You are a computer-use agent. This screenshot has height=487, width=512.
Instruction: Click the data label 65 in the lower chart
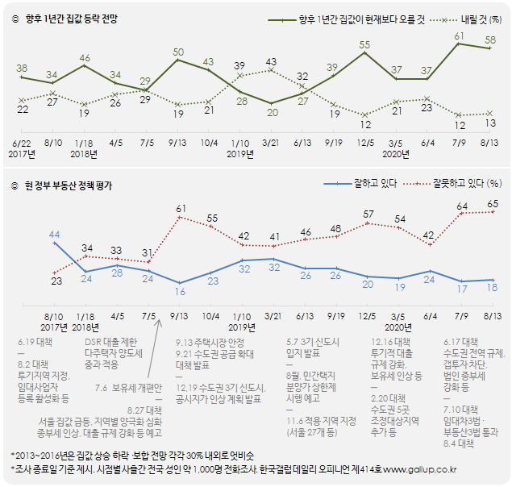(x=491, y=205)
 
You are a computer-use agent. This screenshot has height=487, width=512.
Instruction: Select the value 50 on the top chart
(x=179, y=52)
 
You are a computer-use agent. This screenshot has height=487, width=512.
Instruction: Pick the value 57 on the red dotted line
(x=368, y=214)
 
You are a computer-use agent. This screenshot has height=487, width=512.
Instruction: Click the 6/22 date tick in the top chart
(x=22, y=142)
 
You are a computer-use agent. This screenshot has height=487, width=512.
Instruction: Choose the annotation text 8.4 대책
(x=460, y=443)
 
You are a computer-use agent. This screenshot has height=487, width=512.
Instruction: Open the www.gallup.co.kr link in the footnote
(x=418, y=468)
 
